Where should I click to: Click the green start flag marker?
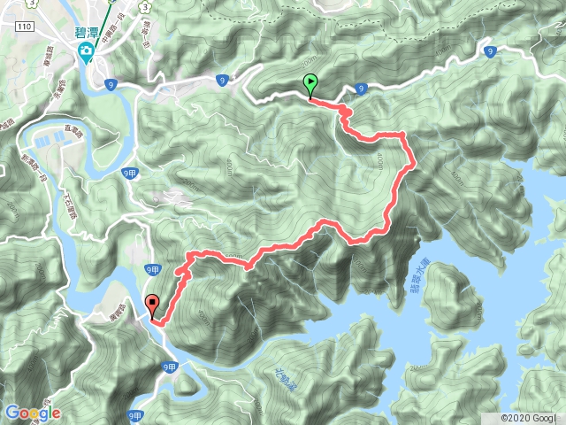pyautogui.click(x=310, y=85)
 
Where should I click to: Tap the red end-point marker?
pyautogui.click(x=151, y=305)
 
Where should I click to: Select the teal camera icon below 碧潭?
pyautogui.click(x=86, y=51)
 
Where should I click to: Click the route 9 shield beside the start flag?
pyautogui.click(x=363, y=89)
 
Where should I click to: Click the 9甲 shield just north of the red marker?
pyautogui.click(x=153, y=270)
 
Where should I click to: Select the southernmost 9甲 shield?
pyautogui.click(x=134, y=414)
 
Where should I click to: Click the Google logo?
pyautogui.click(x=32, y=413)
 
